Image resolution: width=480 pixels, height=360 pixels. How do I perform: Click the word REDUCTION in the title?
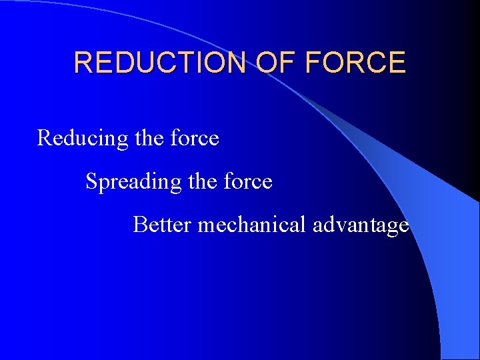[158, 63]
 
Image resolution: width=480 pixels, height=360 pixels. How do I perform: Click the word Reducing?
[83, 139]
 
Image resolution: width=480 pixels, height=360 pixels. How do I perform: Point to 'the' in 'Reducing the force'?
[149, 138]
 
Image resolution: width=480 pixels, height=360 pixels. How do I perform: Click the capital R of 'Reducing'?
[45, 138]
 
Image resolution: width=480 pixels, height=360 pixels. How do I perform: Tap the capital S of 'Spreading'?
[91, 181]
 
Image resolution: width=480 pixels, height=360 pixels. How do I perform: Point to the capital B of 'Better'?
[140, 225]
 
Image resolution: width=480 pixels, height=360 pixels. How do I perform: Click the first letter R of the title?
[83, 63]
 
